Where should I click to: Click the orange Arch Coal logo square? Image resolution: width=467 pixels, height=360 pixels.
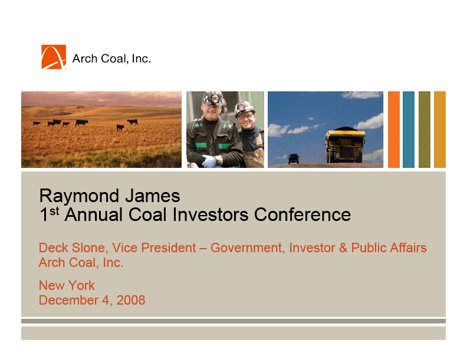(54, 57)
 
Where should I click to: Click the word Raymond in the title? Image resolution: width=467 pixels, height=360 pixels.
(79, 197)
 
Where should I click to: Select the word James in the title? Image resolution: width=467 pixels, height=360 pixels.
(153, 196)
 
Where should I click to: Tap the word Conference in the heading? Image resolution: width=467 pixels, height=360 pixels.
(302, 214)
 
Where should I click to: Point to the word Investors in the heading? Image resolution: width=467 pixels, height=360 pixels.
(211, 214)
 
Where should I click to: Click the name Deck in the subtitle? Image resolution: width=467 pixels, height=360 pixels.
(52, 247)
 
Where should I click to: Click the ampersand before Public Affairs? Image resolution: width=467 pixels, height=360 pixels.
(343, 247)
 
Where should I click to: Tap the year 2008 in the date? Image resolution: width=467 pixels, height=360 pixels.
(131, 300)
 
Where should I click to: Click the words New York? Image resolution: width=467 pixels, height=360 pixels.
(67, 285)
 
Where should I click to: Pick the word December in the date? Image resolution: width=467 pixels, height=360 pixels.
(68, 300)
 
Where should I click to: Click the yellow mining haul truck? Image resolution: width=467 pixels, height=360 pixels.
(345, 146)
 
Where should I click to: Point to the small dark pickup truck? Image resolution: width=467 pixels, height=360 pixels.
(294, 158)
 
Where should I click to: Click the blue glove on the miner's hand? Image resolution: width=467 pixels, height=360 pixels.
(209, 161)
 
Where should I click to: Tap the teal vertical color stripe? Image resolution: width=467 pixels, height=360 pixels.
(408, 130)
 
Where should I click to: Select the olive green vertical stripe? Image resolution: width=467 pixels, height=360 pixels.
(424, 130)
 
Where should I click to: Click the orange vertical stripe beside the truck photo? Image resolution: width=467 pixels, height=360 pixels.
(393, 130)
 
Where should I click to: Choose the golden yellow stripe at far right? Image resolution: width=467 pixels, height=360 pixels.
(440, 130)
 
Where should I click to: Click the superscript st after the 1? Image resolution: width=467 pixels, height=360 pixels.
(54, 211)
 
